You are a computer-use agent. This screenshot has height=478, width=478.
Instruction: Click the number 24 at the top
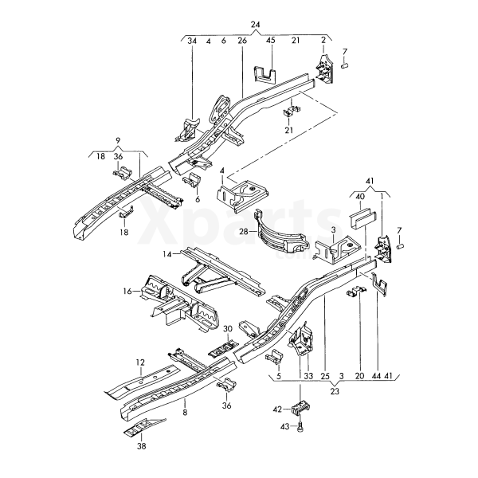pos(256,25)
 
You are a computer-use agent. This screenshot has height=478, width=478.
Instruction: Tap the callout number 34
pos(191,40)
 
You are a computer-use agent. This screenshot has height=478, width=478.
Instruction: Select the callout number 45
pos(270,40)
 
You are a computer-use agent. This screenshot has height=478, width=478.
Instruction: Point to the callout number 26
pos(242,40)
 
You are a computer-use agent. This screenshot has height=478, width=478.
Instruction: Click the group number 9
pos(118,141)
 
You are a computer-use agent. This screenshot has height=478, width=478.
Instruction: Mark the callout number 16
pos(127,292)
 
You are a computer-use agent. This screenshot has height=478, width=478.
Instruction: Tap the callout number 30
pos(227,329)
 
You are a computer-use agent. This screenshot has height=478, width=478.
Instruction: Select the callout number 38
pos(142,447)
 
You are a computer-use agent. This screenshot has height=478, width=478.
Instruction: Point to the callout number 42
pos(277,409)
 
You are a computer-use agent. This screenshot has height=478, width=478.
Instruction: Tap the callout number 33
pos(307,375)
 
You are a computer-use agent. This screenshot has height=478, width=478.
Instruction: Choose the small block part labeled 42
pos(300,408)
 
